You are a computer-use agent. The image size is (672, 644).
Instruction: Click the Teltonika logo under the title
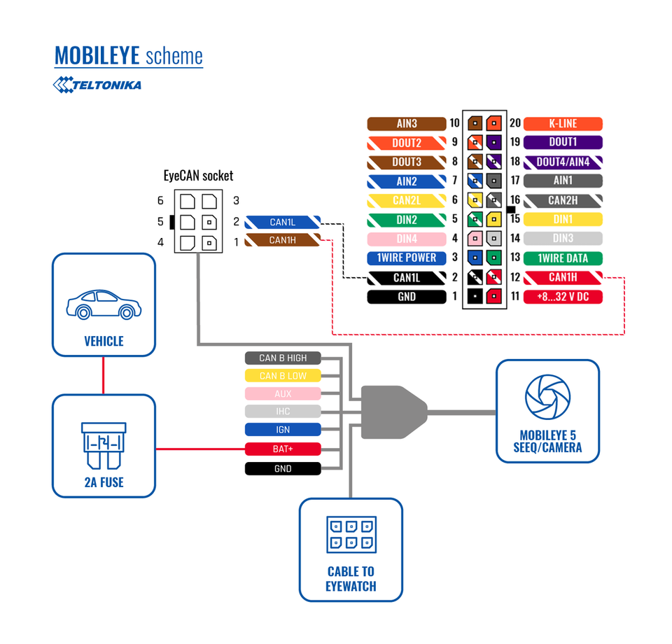[x=97, y=85]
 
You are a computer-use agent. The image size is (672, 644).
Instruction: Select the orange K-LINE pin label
[x=563, y=124]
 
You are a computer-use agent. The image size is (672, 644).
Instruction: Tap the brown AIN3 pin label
[x=407, y=124]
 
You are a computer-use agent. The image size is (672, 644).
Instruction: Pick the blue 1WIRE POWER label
[x=407, y=258]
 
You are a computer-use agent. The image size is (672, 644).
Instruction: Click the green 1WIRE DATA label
[x=563, y=258]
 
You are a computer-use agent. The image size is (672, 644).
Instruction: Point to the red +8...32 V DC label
[x=563, y=297]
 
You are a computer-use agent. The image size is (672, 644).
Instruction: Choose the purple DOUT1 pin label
[x=563, y=143]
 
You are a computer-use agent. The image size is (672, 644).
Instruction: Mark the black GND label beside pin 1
[x=407, y=297]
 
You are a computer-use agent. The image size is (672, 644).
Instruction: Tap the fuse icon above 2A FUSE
[x=104, y=445]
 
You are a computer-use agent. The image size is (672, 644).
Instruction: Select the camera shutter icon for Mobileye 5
[x=547, y=398]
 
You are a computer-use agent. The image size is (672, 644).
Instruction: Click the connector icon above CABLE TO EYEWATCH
[x=351, y=535]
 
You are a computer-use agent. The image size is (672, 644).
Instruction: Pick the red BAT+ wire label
[x=283, y=449]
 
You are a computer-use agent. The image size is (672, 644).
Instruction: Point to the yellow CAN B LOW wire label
[x=283, y=376]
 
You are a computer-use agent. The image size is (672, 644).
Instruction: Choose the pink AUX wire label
[x=283, y=394]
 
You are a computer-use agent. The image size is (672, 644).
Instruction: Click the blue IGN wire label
[x=283, y=430]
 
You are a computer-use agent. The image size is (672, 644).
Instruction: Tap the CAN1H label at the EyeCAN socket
[x=283, y=240]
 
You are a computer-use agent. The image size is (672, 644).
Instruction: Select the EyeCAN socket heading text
[x=198, y=176]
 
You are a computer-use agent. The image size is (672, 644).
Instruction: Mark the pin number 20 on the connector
[x=514, y=124]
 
